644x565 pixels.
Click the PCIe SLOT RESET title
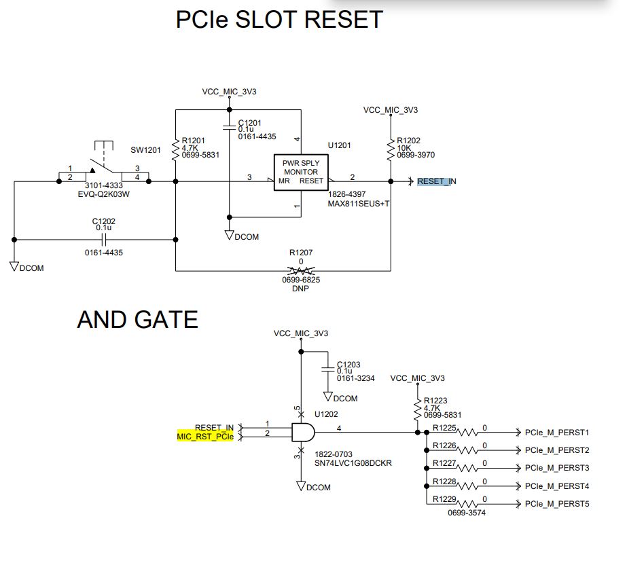(279, 19)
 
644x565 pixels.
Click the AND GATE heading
(137, 319)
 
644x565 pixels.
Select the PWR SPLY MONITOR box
(301, 172)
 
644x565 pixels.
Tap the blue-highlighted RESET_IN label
(437, 181)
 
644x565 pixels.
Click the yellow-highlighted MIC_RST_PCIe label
(205, 437)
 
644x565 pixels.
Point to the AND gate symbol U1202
(301, 432)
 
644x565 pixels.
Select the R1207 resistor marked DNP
(301, 271)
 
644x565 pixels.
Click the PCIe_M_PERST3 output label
(556, 468)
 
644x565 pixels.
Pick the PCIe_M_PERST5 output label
(556, 504)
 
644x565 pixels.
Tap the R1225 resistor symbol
(469, 432)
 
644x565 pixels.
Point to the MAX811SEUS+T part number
(359, 203)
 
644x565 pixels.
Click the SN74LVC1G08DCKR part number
(353, 463)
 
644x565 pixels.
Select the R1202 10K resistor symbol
(391, 149)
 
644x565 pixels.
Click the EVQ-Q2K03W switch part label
(104, 194)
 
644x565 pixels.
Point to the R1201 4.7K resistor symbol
(176, 147)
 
